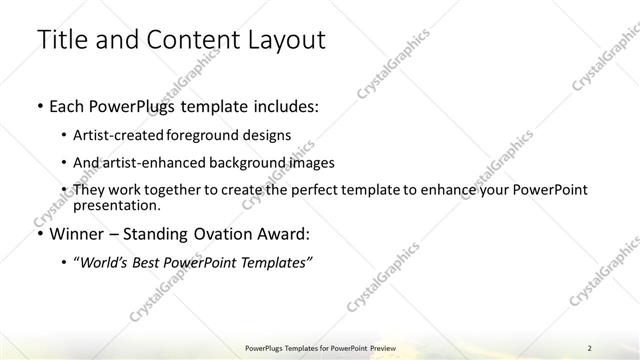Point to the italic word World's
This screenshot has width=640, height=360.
point(103,262)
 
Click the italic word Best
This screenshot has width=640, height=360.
point(147,262)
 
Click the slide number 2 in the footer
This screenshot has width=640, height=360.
point(590,347)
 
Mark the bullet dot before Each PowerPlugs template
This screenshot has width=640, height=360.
point(38,105)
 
